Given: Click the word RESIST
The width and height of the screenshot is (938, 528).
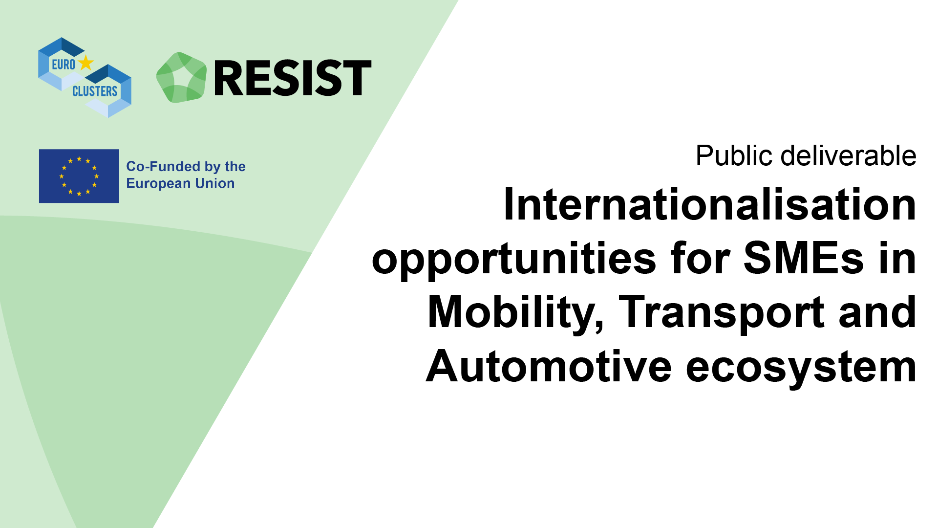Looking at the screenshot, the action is (293, 78).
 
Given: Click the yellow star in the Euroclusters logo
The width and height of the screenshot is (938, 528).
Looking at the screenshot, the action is (86, 63).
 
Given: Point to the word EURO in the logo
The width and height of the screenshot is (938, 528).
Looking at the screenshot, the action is (64, 65).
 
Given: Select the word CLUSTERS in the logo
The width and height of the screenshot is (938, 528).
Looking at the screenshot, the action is (95, 91).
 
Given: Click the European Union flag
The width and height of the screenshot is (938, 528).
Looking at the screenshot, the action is (79, 176).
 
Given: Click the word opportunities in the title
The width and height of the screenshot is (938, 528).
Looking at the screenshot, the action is (514, 260).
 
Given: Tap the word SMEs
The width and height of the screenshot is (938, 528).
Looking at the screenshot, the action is (804, 258).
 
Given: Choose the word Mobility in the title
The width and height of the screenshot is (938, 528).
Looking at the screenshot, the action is (515, 314).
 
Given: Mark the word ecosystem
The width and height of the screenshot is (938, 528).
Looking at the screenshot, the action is (801, 368).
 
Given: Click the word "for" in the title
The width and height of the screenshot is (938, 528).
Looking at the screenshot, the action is (700, 258).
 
